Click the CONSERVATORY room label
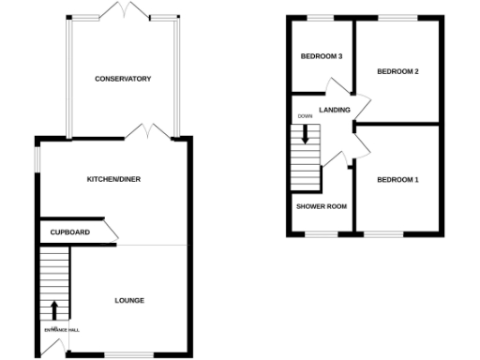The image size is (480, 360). [123, 79]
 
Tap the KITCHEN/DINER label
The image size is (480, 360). [113, 179]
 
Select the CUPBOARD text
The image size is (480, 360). [70, 232]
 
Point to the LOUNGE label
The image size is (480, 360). [129, 300]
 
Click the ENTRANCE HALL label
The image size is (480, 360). [61, 330]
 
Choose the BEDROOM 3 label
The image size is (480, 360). [321, 57]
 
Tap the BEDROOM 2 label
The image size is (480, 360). [397, 71]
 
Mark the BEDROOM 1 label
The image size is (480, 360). [397, 179]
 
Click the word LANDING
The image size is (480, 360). [335, 111]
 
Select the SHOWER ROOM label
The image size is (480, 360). [322, 206]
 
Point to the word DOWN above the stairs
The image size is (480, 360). [304, 116]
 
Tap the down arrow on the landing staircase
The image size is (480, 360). [305, 133]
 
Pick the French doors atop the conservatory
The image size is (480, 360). [123, 10]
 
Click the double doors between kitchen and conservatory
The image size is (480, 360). [148, 132]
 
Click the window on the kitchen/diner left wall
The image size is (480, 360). [38, 159]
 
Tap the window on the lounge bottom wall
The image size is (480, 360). [124, 354]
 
